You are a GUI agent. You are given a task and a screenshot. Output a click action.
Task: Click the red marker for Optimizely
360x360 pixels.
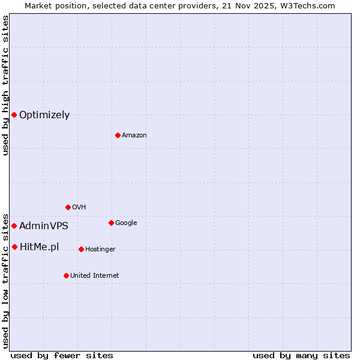coord(14,115)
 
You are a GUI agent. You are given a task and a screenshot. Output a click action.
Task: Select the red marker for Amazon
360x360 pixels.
coord(118,135)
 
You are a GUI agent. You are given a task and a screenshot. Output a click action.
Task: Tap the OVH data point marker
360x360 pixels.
coord(68,207)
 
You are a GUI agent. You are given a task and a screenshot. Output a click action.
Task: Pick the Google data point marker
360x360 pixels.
coord(111,223)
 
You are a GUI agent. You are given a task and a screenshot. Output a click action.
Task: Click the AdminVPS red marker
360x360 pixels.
coord(14,226)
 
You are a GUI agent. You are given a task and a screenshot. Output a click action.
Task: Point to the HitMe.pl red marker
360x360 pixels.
coord(14,247)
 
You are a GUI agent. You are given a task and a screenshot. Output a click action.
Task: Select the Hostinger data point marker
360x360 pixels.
coord(81,249)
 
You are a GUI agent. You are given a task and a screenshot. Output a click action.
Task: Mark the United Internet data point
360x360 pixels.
coord(66,275)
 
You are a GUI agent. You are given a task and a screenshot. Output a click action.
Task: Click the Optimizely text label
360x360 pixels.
coord(44,115)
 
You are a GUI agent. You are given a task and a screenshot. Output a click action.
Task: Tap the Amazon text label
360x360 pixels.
coord(134,136)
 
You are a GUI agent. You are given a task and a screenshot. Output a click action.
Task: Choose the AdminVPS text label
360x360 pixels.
coord(44,226)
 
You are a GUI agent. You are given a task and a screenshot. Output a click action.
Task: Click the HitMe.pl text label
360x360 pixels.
coord(40,247)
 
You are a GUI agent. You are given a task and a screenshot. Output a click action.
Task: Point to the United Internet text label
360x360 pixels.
coord(95,276)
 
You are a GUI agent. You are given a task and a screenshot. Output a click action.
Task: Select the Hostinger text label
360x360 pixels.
coord(100,250)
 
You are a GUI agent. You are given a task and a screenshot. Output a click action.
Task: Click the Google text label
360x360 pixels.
coord(126,223)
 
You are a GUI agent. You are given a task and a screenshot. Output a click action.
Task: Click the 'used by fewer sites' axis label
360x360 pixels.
coord(62,356)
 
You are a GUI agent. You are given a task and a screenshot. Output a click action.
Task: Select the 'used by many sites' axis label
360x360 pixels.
coord(301,356)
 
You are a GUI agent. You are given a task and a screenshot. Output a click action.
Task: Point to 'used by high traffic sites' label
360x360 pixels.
coord(5,86)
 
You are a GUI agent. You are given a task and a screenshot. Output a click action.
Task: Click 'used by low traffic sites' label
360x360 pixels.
coord(5,280)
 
